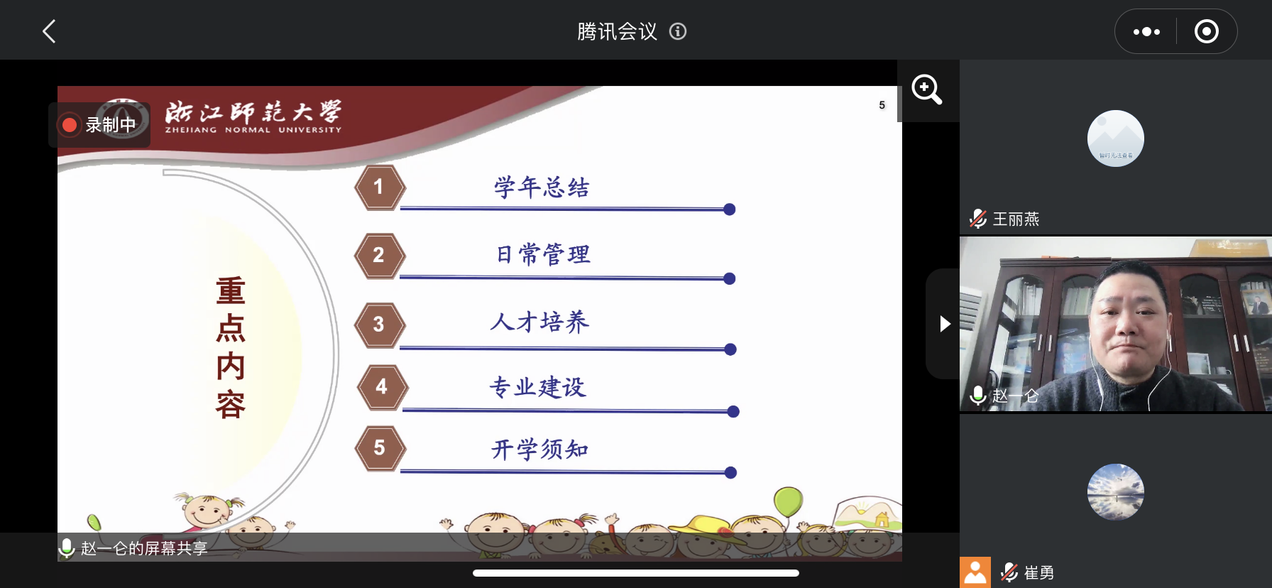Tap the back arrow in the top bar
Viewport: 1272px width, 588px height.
click(49, 31)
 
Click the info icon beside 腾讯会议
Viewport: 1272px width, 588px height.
click(678, 31)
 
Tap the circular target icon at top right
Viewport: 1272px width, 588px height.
click(1207, 31)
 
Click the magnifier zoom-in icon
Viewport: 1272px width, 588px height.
click(927, 90)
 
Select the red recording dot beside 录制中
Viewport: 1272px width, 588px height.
click(70, 125)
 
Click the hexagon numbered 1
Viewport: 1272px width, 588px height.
click(380, 187)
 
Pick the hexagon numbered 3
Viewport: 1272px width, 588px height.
click(380, 325)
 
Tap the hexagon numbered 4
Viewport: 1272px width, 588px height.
click(382, 387)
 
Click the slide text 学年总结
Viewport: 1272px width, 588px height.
click(542, 187)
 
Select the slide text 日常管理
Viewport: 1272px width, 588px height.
click(543, 254)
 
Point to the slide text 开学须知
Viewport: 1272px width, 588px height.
click(540, 449)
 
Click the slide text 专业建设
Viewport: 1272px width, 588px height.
click(538, 387)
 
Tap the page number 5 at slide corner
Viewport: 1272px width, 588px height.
click(882, 105)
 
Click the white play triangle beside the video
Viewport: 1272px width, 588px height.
click(945, 324)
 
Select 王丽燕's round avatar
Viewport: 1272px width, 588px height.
click(1116, 138)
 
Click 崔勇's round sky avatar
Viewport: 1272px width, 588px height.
click(1116, 492)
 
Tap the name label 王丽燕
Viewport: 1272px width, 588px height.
click(1016, 219)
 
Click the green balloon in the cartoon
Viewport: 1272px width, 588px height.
click(788, 501)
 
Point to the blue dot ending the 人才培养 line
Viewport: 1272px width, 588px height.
click(730, 349)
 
